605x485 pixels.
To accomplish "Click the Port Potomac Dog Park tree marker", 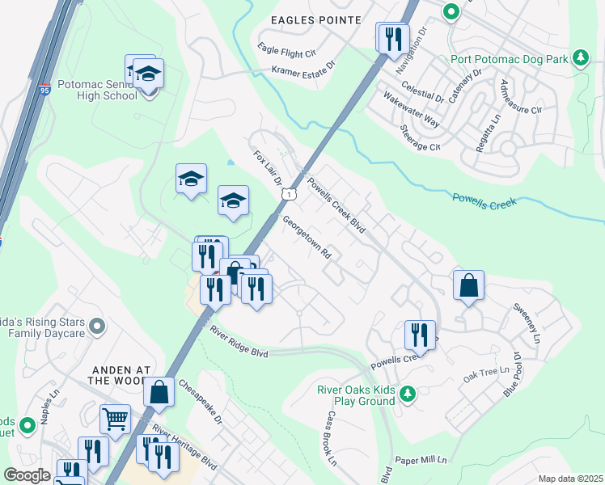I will pyautogui.click(x=580, y=57).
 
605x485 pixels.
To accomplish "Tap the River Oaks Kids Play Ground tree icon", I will pyautogui.click(x=409, y=393).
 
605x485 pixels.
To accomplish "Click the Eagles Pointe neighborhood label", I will pyautogui.click(x=315, y=19).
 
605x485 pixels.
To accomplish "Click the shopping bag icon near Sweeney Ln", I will pyautogui.click(x=468, y=285).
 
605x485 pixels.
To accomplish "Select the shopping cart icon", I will pyautogui.click(x=116, y=419).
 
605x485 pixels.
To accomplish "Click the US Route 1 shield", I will pyautogui.click(x=287, y=194).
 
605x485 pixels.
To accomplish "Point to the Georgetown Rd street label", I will pyautogui.click(x=308, y=237).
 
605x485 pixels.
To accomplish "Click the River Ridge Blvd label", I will pyautogui.click(x=238, y=342).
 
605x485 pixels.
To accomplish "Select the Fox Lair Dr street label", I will pyautogui.click(x=266, y=167).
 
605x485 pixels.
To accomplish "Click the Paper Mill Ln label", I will pyautogui.click(x=420, y=460).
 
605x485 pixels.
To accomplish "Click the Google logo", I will pyautogui.click(x=27, y=475).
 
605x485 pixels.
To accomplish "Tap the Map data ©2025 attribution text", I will pyautogui.click(x=570, y=479).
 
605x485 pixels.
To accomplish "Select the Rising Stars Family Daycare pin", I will pyautogui.click(x=98, y=327).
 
